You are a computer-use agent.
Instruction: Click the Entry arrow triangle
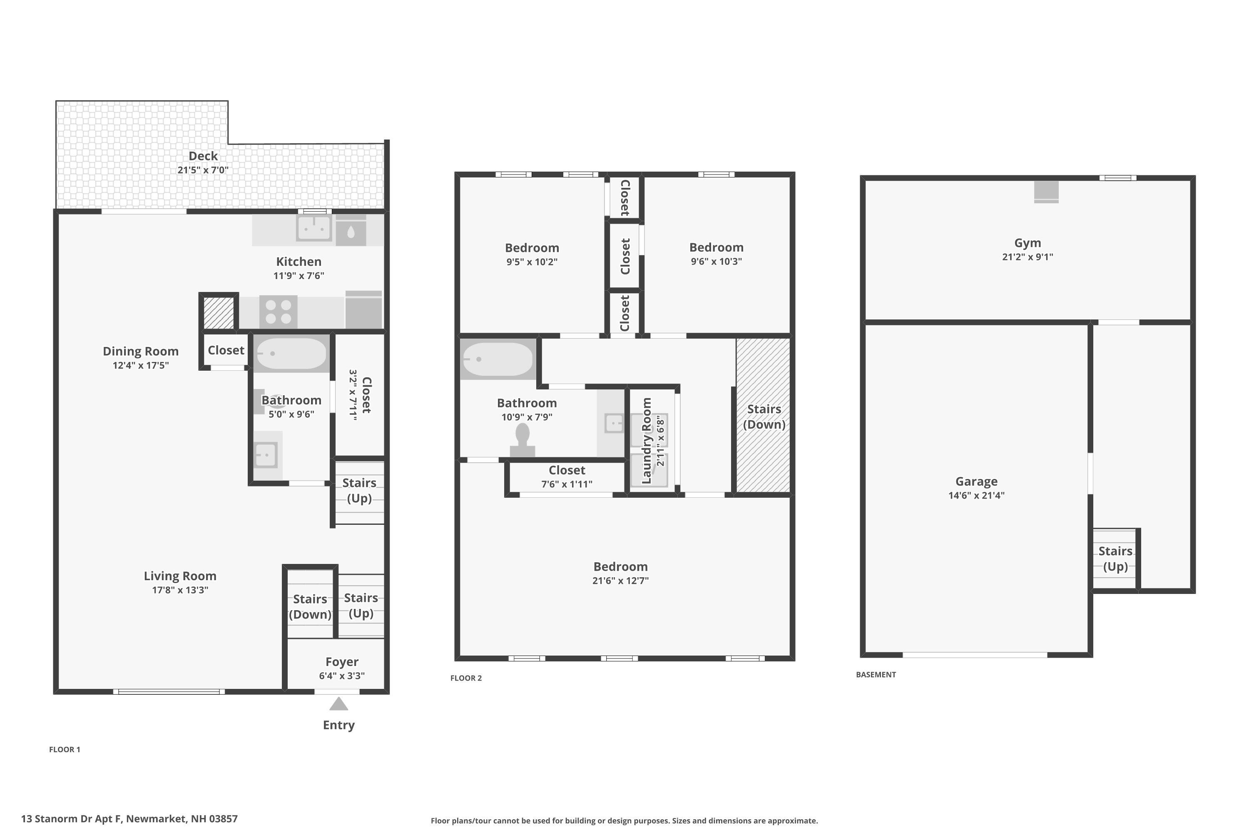pyautogui.click(x=338, y=704)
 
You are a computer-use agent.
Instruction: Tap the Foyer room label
pyautogui.click(x=341, y=662)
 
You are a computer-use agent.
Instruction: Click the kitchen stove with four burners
pyautogui.click(x=278, y=312)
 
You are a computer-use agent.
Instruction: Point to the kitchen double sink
pyautogui.click(x=314, y=228)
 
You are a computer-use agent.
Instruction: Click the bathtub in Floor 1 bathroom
pyautogui.click(x=291, y=353)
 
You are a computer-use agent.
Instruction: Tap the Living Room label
pyautogui.click(x=180, y=576)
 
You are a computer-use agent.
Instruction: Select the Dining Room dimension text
pyautogui.click(x=141, y=366)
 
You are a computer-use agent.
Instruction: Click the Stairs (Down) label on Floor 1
pyautogui.click(x=310, y=606)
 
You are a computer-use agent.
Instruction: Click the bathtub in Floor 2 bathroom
pyautogui.click(x=498, y=359)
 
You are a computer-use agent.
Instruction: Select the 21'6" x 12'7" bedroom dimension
pyautogui.click(x=620, y=581)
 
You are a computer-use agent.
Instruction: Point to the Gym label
pyautogui.click(x=1027, y=243)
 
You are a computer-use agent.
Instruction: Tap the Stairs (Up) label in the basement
pyautogui.click(x=1115, y=559)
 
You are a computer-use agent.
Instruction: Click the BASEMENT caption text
pyautogui.click(x=876, y=675)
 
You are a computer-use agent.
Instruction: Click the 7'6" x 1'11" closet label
pyautogui.click(x=567, y=484)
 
